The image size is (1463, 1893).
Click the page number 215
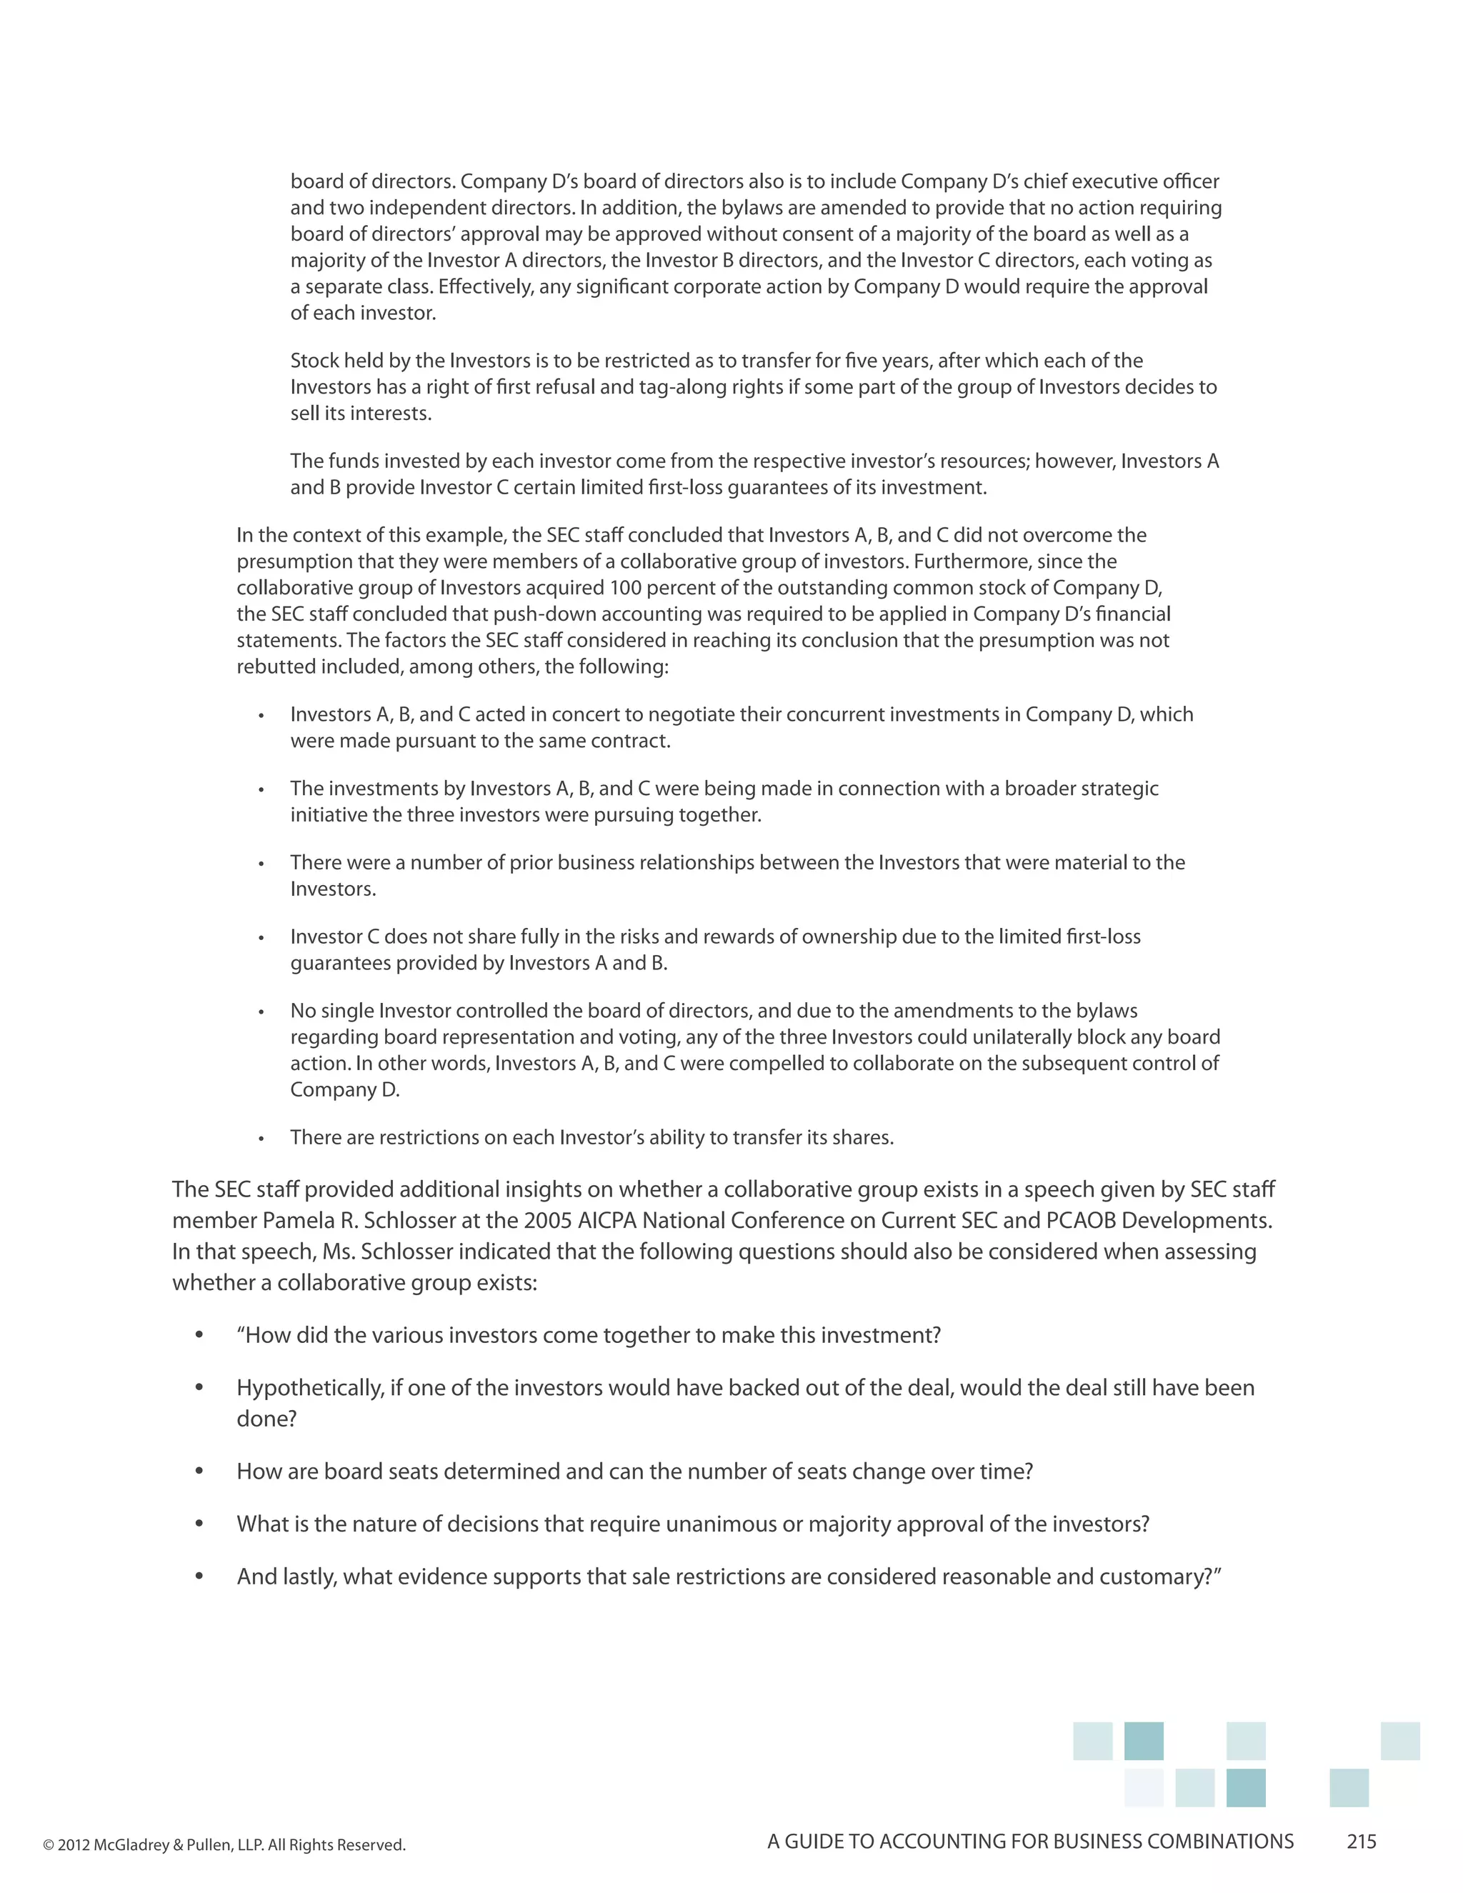(x=1361, y=1842)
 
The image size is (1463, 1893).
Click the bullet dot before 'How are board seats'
(x=199, y=1472)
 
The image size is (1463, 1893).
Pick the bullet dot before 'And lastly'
(x=199, y=1577)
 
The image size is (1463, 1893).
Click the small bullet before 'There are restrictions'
(x=261, y=1138)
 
